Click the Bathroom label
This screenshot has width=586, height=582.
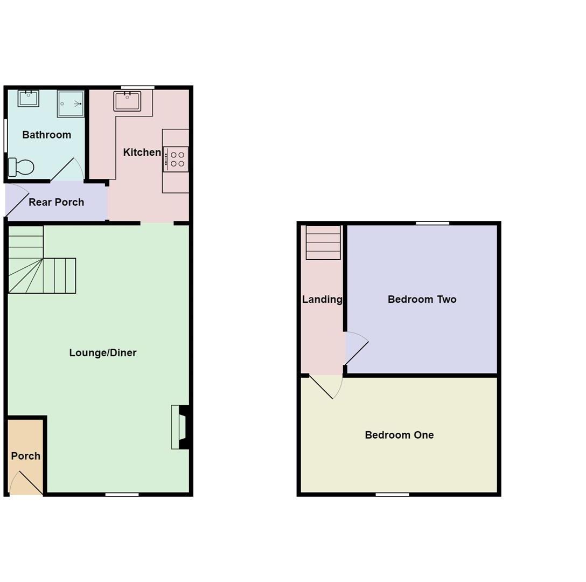click(47, 135)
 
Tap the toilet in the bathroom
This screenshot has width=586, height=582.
click(21, 167)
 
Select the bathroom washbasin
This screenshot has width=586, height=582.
click(29, 99)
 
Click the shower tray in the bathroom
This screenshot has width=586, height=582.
click(71, 103)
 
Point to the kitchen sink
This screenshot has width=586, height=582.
click(128, 101)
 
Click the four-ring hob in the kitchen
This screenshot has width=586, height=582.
click(176, 160)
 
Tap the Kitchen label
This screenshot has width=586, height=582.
click(142, 152)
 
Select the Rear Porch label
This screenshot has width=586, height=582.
click(57, 202)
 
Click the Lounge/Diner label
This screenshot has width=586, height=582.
click(103, 353)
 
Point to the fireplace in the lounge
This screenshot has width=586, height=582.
click(181, 427)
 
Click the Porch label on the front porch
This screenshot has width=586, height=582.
click(26, 456)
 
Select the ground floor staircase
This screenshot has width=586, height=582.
click(42, 260)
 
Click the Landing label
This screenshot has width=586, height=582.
click(322, 299)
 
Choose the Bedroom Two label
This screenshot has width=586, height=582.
click(422, 299)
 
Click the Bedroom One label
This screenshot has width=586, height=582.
click(399, 435)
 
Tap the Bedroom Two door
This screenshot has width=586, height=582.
click(356, 348)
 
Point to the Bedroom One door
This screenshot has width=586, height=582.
click(325, 387)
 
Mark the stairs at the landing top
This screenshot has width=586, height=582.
click(323, 242)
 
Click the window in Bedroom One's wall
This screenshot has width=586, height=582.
click(393, 495)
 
